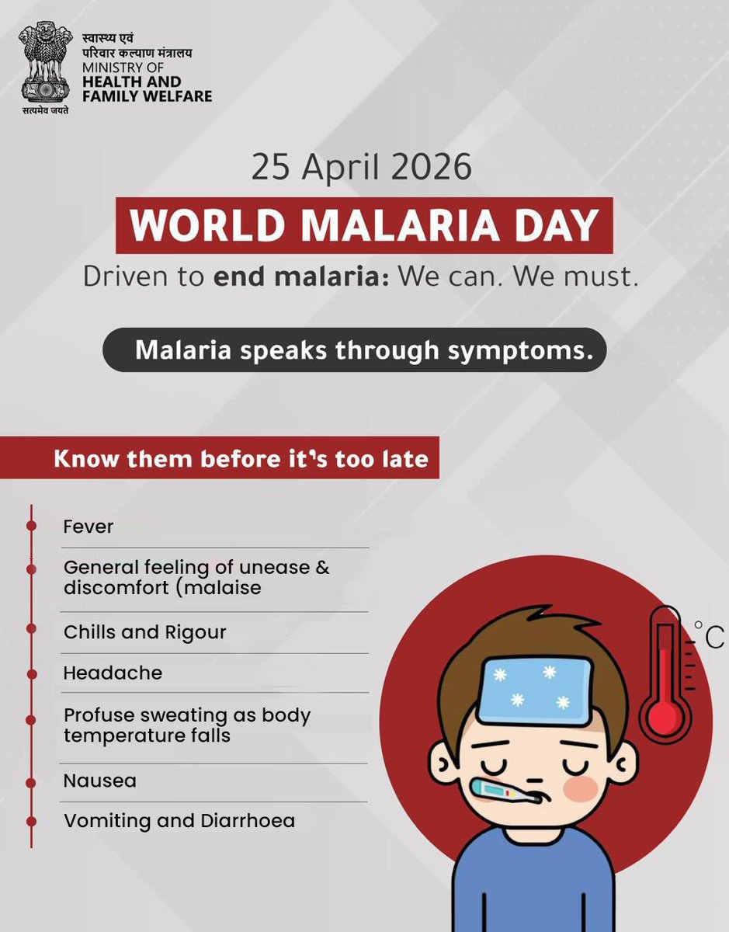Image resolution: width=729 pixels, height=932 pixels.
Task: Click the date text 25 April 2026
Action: (x=361, y=168)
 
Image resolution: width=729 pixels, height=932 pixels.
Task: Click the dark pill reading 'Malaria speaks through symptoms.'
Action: (x=354, y=351)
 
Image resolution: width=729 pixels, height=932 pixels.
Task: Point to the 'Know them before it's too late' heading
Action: (x=241, y=458)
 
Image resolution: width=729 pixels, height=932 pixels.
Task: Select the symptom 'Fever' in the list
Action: (x=89, y=527)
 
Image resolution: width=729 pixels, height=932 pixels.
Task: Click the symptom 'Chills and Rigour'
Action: (x=144, y=632)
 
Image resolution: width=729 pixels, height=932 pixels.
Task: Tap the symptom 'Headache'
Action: (x=113, y=673)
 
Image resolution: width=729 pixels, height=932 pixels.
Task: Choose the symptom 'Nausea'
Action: (x=99, y=781)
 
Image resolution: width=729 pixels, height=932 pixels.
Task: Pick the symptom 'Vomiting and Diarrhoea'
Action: (x=179, y=821)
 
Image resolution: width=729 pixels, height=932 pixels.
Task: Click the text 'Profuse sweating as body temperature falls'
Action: (x=186, y=725)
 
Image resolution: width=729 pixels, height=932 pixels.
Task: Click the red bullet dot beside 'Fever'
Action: (x=31, y=526)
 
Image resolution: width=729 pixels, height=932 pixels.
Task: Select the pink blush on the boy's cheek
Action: (x=581, y=788)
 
